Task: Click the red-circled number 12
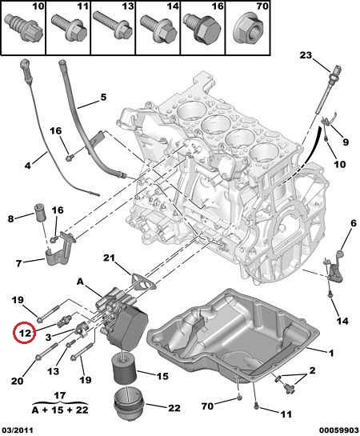tap(26, 333)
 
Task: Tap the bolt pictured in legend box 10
tap(24, 29)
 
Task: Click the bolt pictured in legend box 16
tap(203, 29)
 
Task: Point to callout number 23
tap(306, 55)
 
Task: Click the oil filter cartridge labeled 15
tap(124, 370)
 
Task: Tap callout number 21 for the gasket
tap(109, 258)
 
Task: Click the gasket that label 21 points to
tap(144, 282)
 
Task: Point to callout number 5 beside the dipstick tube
tap(103, 98)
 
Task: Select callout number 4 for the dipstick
tap(27, 166)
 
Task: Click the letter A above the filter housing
tap(80, 282)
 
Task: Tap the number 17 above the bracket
tap(60, 395)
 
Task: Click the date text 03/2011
tap(17, 430)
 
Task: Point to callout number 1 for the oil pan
tap(331, 354)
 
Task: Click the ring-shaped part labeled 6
tap(341, 254)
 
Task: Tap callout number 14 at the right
tap(342, 321)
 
